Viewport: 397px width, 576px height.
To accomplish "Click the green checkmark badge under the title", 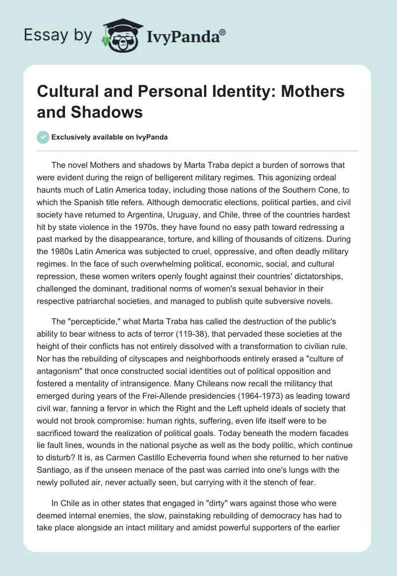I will pyautogui.click(x=44, y=137).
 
